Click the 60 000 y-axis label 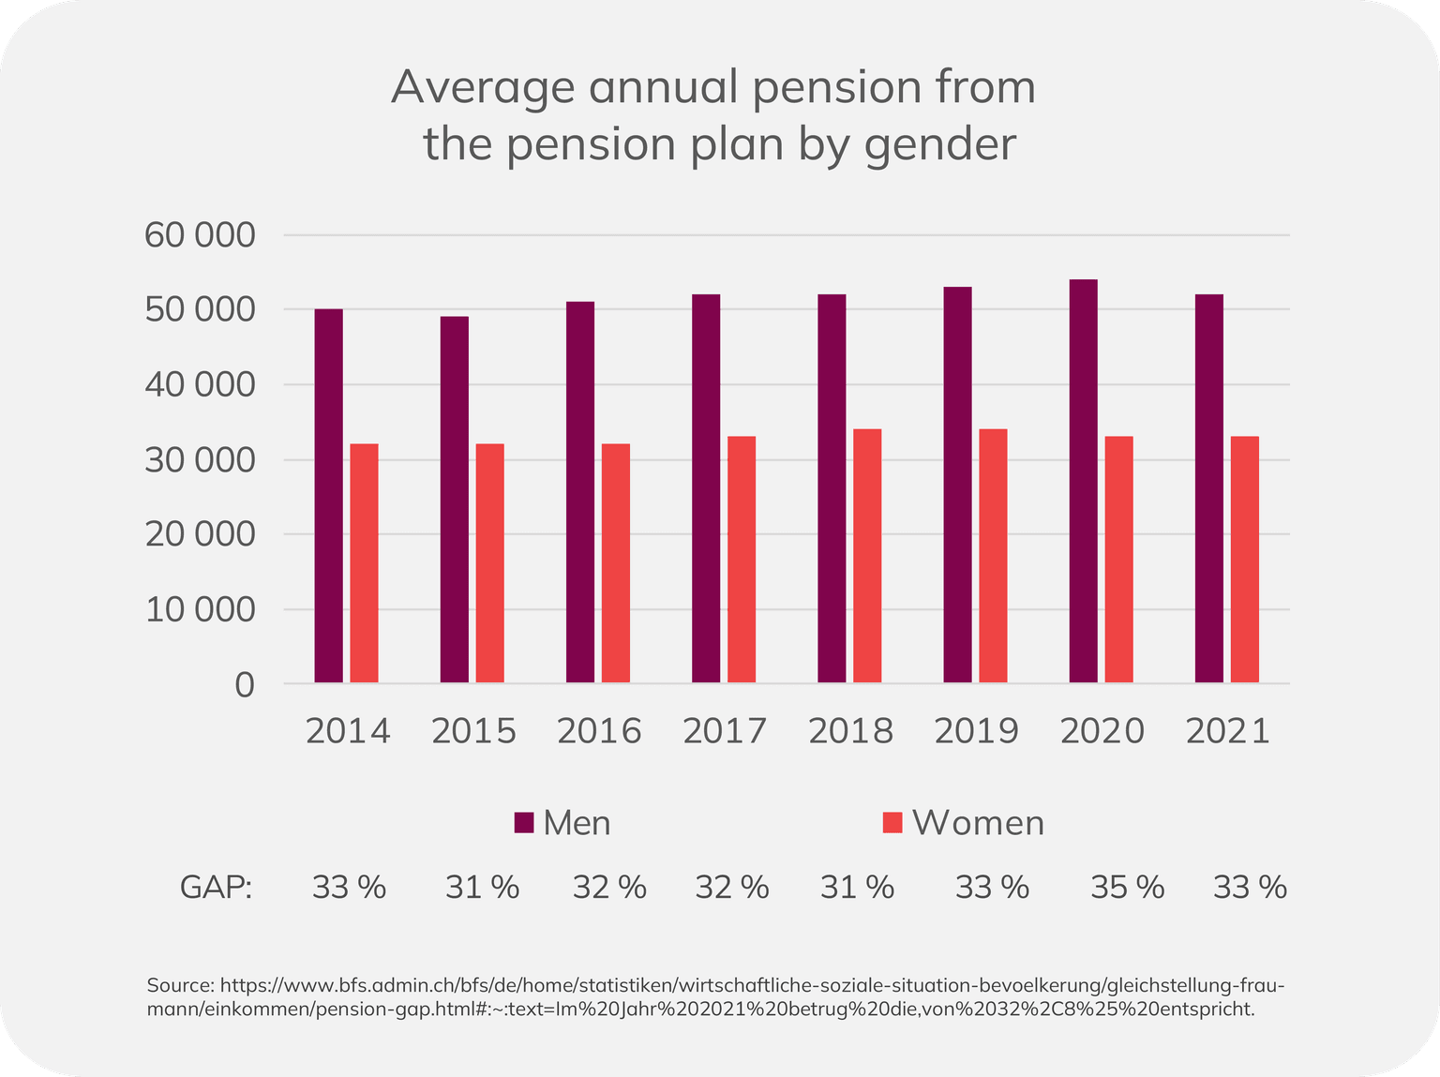tap(200, 234)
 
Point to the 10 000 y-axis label tap(200, 609)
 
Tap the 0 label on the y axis tap(244, 684)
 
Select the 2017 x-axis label tap(725, 731)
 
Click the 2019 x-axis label tap(976, 731)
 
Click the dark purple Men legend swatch tap(524, 822)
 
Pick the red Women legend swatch tap(892, 822)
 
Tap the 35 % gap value tap(1127, 886)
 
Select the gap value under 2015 tap(482, 886)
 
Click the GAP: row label tap(217, 886)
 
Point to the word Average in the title tap(482, 87)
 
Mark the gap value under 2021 tap(1250, 886)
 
